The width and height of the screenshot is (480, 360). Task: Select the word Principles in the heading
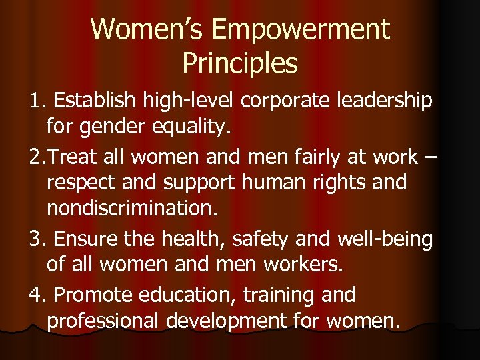pos(239,63)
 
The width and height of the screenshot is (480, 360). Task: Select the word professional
pos(105,321)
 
